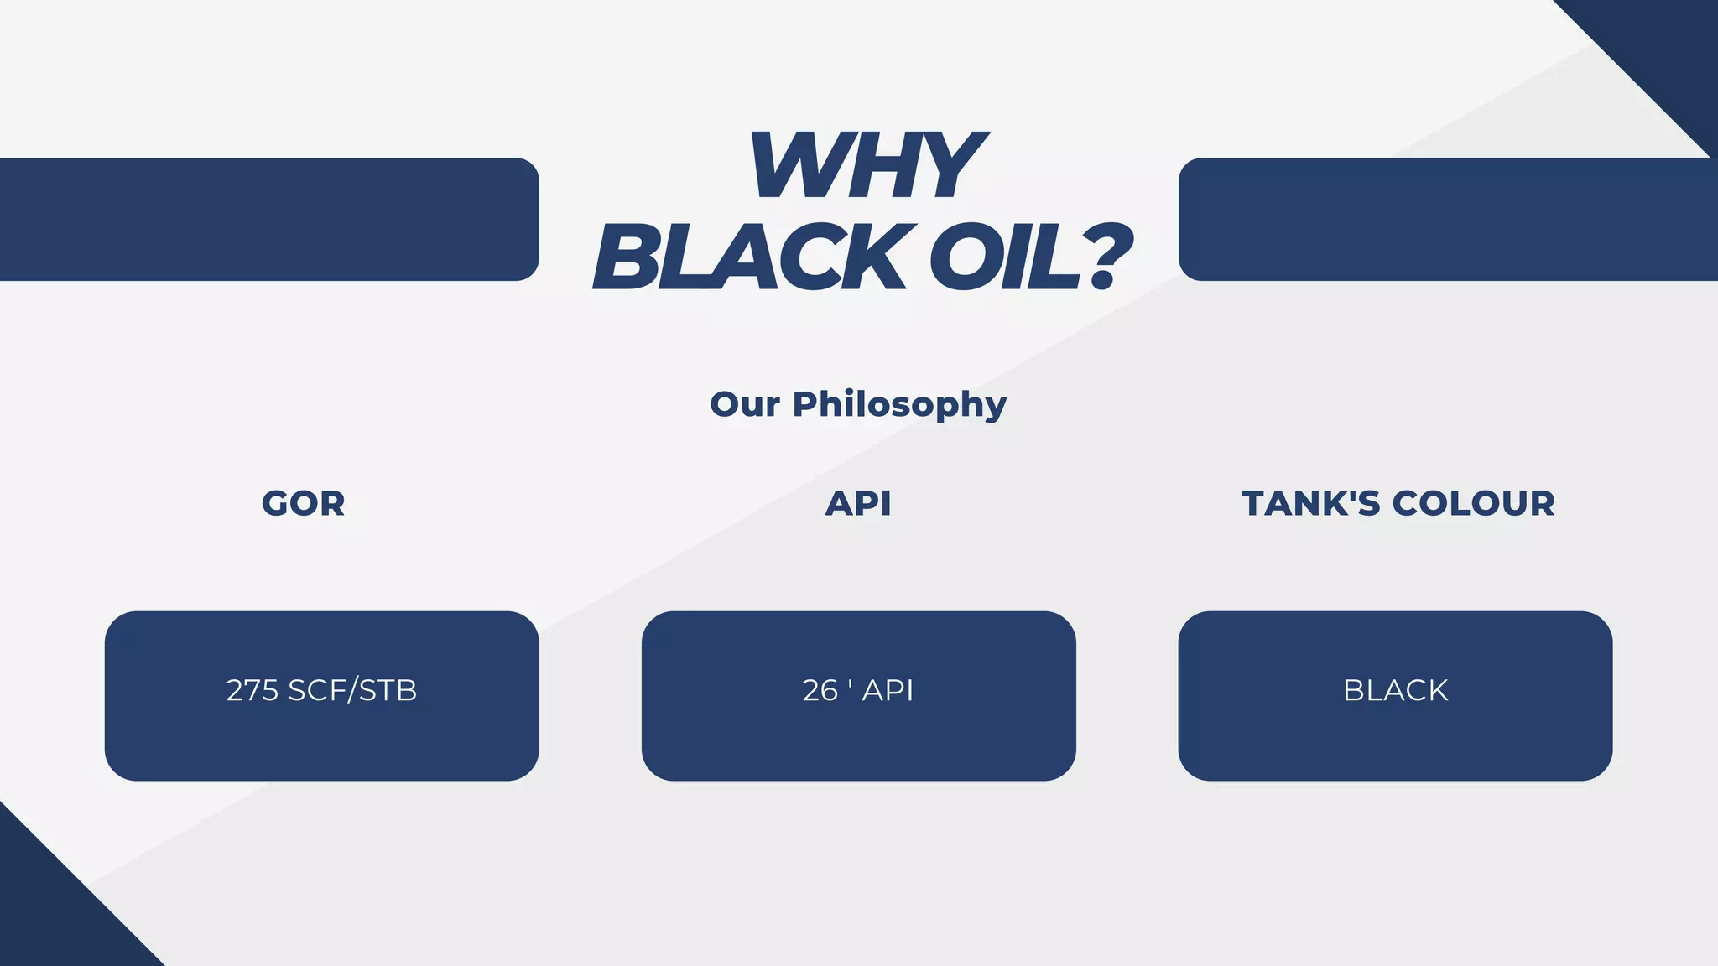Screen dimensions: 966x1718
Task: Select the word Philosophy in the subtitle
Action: point(899,405)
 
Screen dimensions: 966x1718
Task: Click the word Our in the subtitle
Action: point(744,405)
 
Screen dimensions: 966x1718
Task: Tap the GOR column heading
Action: point(304,504)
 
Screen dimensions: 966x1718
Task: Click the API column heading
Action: point(858,504)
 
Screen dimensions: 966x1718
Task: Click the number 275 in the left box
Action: point(252,691)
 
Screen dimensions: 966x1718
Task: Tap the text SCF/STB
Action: point(352,691)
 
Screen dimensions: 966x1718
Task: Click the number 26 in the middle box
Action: point(820,691)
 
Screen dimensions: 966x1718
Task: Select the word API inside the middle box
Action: point(888,691)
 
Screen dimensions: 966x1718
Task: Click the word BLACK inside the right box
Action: point(1395,691)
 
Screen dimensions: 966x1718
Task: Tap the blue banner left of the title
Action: point(268,220)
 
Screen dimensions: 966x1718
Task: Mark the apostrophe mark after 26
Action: point(850,683)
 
